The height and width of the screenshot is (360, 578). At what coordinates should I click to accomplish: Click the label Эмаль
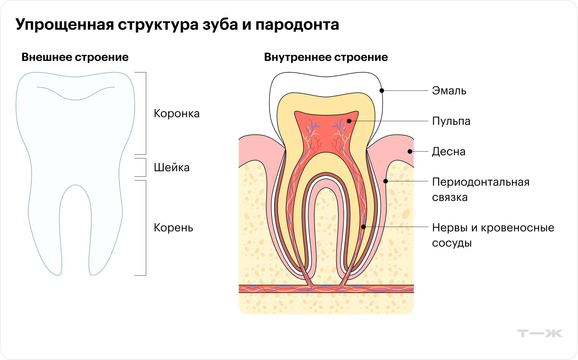coord(449,91)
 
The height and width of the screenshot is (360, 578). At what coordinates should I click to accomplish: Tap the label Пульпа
coord(451,121)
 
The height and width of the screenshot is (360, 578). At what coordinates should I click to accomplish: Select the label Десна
coord(448,151)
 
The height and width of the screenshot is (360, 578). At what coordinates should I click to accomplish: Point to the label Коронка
coord(176,113)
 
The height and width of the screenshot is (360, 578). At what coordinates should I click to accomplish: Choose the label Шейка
coord(171,167)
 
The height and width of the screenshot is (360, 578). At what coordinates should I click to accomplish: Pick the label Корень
coord(173,228)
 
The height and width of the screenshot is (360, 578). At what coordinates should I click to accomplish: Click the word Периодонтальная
coord(481,182)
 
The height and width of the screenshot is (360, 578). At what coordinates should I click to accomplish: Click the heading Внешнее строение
coord(75,57)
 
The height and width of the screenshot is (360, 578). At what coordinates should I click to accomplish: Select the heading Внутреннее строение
coord(326,57)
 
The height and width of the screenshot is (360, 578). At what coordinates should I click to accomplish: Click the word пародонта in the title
coord(297,24)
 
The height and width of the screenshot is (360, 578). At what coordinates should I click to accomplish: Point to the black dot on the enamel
coord(382,91)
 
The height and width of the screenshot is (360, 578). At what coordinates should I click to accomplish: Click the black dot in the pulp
coord(349,121)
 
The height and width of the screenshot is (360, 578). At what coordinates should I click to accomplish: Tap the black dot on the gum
coord(410,151)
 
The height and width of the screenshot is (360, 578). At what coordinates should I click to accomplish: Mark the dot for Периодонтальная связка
coord(386,181)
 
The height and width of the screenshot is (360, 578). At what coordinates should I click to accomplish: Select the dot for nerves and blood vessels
coord(364,227)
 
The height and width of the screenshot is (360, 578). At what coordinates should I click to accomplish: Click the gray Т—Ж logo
coord(540,333)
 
